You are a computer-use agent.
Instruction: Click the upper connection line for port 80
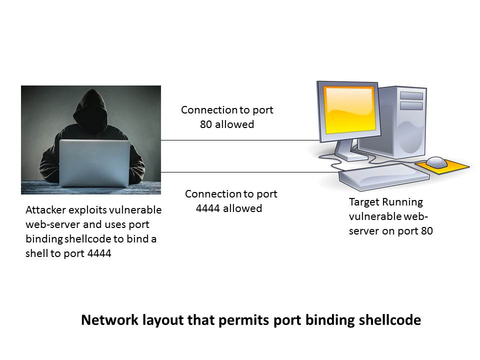[x=240, y=140]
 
